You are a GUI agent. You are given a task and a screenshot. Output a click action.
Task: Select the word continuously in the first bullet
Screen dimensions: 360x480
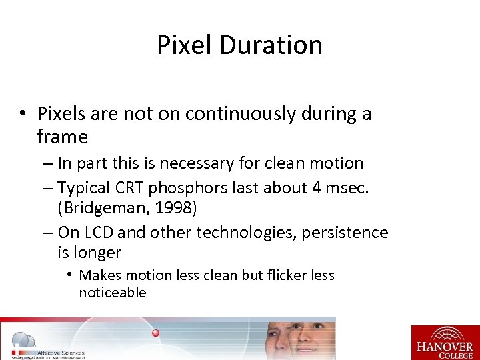(240, 114)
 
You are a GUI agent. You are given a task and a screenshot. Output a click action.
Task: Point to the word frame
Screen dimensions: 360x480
(63, 137)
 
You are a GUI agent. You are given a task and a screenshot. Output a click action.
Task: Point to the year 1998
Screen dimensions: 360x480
(173, 208)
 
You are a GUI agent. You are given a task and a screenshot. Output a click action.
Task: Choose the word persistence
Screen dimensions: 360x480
(347, 233)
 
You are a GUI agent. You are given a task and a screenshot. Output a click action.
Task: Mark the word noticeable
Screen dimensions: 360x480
(112, 293)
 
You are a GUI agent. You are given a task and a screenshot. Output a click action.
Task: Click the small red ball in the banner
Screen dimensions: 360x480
(155, 333)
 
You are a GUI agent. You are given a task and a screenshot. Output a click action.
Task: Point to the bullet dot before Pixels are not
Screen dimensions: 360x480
(23, 114)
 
